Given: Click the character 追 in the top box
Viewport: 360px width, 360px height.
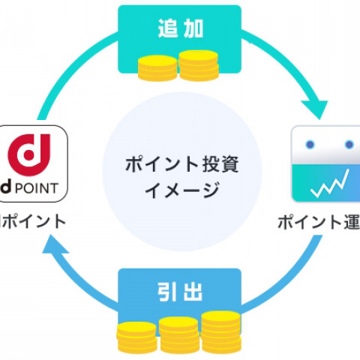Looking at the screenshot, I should [x=166, y=29].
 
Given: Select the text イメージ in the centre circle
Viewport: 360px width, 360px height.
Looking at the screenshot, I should [x=179, y=188].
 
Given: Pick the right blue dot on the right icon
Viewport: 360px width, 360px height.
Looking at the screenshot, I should [x=349, y=144].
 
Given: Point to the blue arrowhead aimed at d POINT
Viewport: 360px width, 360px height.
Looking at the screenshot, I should [x=51, y=253].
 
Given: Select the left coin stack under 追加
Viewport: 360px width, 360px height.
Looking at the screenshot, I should [x=157, y=70].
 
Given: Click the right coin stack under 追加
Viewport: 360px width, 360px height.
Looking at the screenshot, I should [x=198, y=65].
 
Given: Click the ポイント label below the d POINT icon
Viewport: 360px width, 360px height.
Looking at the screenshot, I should [x=34, y=221].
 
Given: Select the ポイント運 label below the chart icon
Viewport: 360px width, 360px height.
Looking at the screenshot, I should [x=319, y=222].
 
